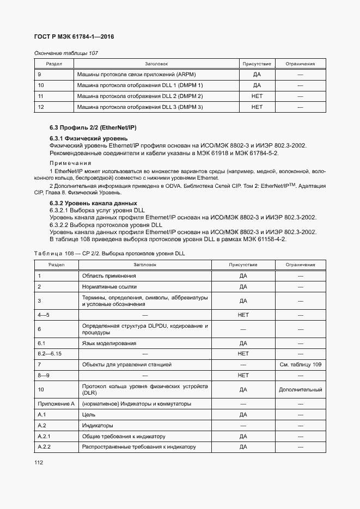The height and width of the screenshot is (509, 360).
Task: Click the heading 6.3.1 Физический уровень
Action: point(84,138)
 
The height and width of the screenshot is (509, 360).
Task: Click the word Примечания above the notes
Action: point(71,163)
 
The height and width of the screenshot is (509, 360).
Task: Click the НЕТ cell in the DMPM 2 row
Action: point(257,96)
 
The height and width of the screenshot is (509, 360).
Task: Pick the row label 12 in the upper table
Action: point(41,107)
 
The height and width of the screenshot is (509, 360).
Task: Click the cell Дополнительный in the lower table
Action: point(300,390)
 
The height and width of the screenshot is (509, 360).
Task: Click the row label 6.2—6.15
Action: point(50,353)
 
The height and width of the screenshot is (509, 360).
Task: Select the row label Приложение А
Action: point(56,404)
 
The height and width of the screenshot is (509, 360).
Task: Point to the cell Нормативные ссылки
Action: point(109,286)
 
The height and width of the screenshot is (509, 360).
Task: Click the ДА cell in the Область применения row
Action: point(243,275)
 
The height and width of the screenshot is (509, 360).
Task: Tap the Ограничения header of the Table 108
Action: point(300,265)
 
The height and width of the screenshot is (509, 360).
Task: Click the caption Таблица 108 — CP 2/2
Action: point(109,254)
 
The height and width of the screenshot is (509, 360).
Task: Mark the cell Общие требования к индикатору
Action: point(123,436)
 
